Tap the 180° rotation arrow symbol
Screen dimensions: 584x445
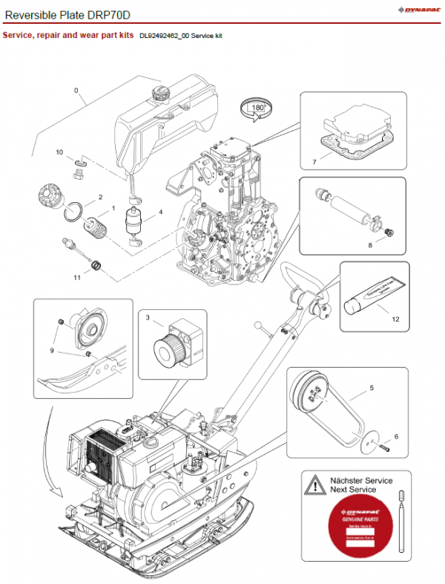257,109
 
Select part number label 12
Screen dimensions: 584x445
395,319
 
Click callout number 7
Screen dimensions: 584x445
314,161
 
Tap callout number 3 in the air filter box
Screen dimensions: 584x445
148,318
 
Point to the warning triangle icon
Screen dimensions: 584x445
316,484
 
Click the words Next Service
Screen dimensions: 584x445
353,490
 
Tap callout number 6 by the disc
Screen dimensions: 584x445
396,436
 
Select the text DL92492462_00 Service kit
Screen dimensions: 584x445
181,36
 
